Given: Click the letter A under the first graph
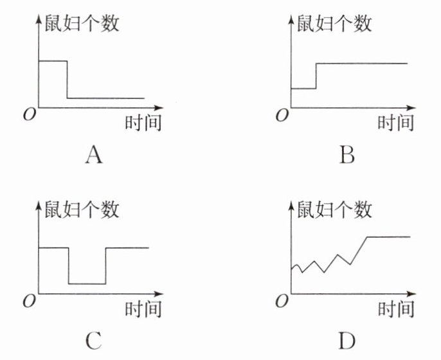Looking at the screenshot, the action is point(93,155).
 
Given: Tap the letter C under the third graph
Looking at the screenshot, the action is point(93,340).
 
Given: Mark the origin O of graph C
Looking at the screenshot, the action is point(28,300).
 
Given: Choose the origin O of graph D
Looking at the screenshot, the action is point(281,300).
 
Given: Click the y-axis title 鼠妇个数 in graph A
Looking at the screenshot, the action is point(81,23).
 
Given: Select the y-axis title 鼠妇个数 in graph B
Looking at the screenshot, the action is point(334,23).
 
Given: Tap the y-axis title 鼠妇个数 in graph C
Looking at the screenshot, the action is point(81,209).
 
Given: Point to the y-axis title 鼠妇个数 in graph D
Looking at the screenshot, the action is point(334,209).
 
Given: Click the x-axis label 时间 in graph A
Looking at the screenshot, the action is point(143,122).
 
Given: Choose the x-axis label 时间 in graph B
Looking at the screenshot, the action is point(395,122).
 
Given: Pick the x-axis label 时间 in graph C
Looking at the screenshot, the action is point(143,309).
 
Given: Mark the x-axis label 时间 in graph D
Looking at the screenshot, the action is point(395,309).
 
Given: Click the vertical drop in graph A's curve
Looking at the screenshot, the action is point(67,80).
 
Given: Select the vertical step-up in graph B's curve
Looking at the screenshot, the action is point(316,76).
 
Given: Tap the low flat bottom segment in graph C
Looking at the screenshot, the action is point(87,283).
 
